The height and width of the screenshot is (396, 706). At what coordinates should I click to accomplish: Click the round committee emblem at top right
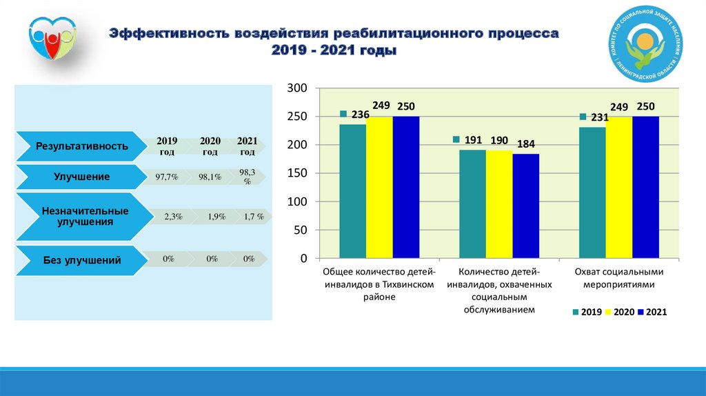(x=643, y=44)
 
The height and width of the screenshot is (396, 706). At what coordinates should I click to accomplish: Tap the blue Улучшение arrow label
(x=82, y=177)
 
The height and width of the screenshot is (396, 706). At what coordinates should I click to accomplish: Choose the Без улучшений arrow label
(x=82, y=260)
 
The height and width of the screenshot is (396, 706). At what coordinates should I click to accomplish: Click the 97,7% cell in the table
(x=168, y=177)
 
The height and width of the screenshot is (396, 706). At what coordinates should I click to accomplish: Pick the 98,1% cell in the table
(x=210, y=177)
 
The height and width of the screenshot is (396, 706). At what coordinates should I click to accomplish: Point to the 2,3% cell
(x=173, y=217)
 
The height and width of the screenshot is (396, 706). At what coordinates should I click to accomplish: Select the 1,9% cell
(x=216, y=217)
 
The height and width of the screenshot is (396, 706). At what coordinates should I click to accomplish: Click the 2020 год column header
(x=210, y=146)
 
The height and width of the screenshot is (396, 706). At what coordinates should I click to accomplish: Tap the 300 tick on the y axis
(x=295, y=88)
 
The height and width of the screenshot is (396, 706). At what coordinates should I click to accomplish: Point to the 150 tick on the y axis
(x=295, y=173)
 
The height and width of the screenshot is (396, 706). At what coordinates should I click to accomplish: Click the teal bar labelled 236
(x=352, y=191)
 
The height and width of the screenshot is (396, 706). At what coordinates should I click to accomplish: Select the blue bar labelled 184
(x=526, y=206)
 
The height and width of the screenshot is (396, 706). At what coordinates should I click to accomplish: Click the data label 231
(x=599, y=117)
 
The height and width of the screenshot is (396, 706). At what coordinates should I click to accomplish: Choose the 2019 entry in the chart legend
(x=587, y=313)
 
